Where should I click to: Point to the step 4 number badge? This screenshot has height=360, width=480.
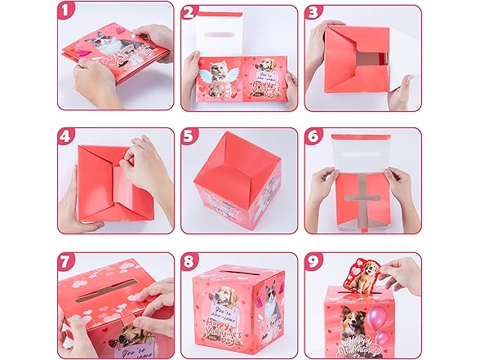click(68, 136)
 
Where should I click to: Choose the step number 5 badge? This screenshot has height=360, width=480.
click(190, 136)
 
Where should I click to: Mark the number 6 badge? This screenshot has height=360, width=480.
click(313, 136)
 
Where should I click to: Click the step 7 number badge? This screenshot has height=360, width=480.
click(68, 262)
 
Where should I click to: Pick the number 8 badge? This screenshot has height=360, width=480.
click(190, 262)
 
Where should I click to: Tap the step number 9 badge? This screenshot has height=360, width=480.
click(313, 262)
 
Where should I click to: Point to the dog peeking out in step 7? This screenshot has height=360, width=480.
click(133, 335)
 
